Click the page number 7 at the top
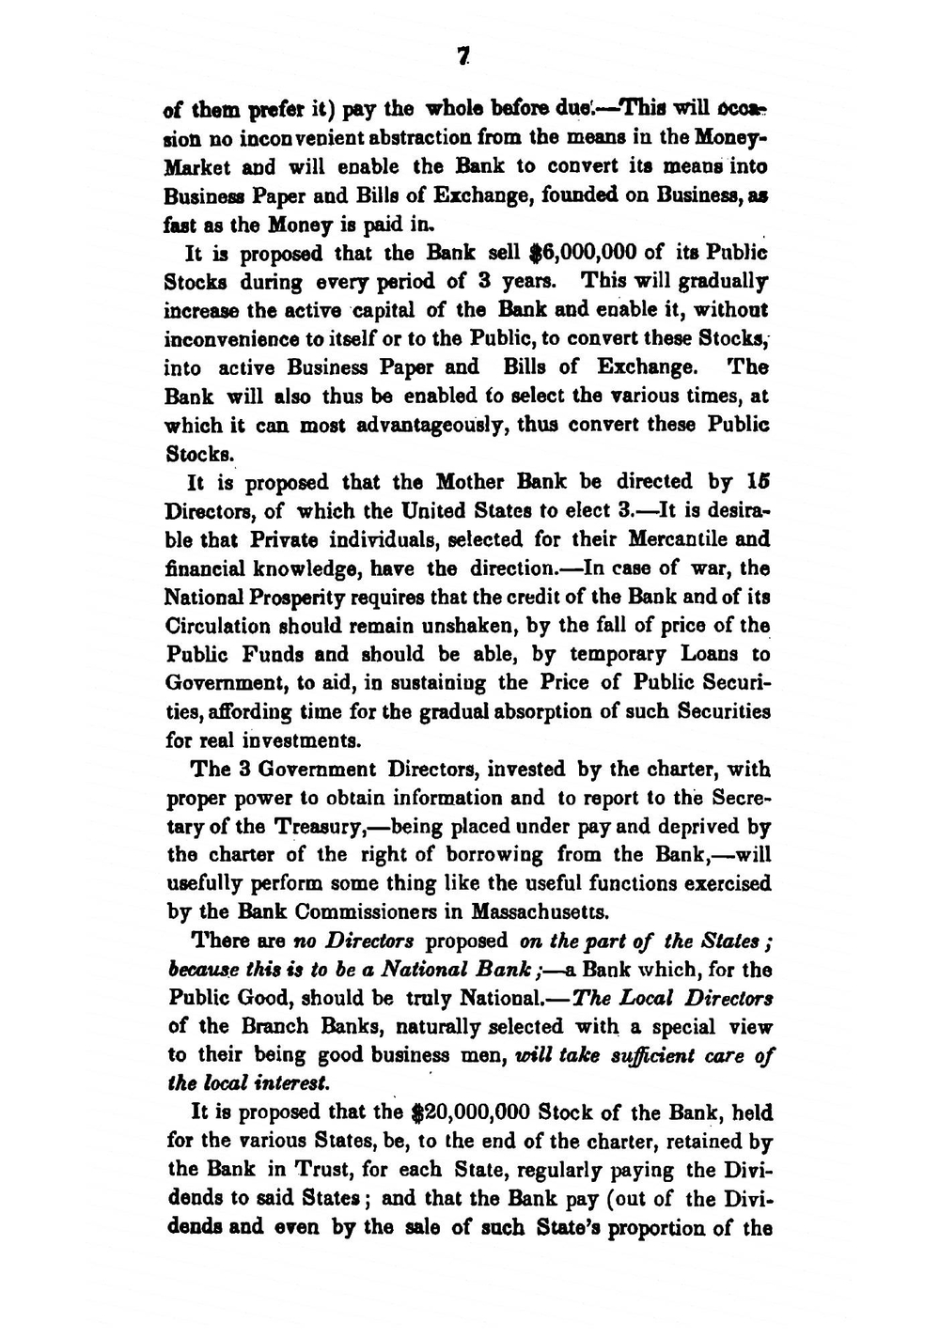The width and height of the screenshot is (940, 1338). tap(462, 57)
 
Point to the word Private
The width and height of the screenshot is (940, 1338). tap(284, 539)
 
